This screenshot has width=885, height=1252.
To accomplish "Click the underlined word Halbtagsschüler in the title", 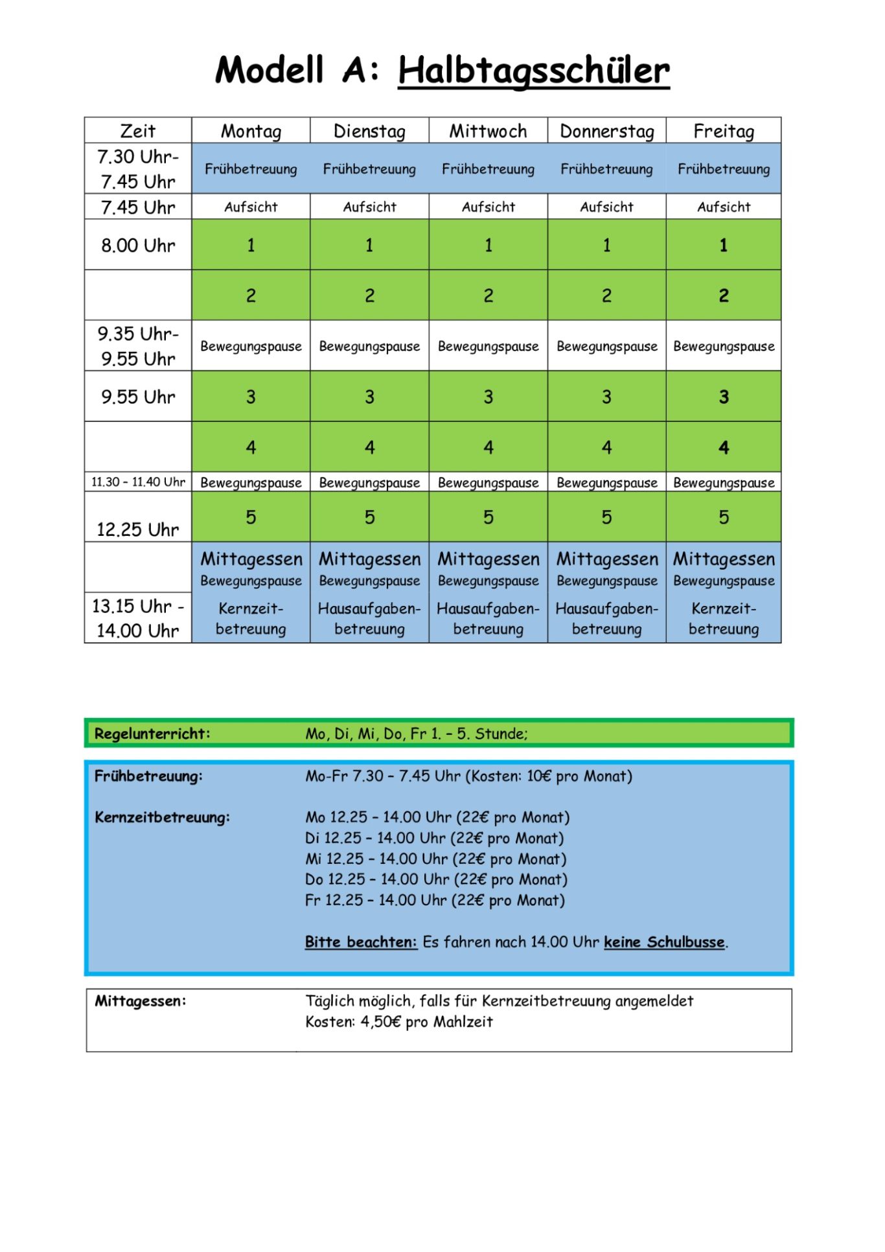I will coord(533,70).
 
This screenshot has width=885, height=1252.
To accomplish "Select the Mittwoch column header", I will coord(488,131).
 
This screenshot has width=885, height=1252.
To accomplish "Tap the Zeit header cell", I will coord(138,131).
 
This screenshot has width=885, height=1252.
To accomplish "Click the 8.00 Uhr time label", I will coord(138,246).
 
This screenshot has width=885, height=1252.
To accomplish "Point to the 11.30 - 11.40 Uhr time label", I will coord(138,482).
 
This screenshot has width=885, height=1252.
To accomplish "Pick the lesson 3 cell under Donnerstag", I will coord(606,397).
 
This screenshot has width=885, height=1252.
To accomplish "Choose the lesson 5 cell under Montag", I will coord(251,517).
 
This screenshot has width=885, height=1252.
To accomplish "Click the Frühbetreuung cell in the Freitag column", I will coord(724,169).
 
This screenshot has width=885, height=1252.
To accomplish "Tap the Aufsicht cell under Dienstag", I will coord(369,207).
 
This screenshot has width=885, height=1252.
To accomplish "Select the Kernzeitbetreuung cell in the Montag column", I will coord(251,619).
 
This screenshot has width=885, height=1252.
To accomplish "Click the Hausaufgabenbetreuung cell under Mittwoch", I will coord(488,619).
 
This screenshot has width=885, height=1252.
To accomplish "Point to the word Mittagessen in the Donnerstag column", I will coord(607,559).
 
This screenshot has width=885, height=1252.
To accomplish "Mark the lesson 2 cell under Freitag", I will coord(724,296).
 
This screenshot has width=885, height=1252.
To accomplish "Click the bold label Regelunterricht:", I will coord(152,734).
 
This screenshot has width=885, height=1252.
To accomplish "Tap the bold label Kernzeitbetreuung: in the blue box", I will coord(162,817).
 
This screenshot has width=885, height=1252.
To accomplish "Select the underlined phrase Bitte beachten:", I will coord(361,942).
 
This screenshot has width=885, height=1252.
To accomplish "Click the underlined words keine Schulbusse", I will coord(664,942).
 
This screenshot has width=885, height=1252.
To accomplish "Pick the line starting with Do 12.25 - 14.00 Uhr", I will coord(436,879).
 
